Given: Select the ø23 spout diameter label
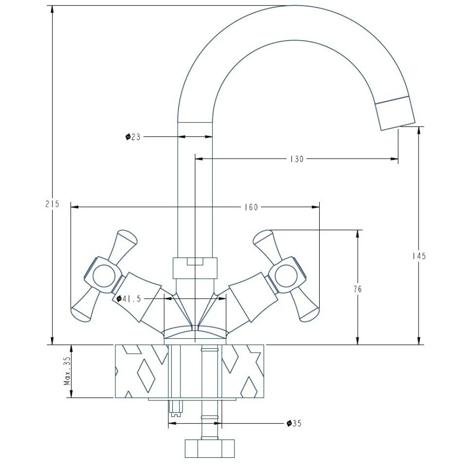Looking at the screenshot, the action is (x=132, y=137).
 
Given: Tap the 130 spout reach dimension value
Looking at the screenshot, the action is (x=296, y=159).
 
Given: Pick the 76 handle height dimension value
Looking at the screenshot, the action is (x=357, y=289).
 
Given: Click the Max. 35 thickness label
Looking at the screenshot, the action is (x=67, y=371).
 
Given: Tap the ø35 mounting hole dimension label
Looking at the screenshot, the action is (x=294, y=423).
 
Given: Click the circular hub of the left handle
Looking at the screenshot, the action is (x=103, y=277).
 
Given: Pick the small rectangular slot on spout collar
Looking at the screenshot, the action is (x=195, y=262).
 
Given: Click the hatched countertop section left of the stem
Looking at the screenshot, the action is (x=140, y=371).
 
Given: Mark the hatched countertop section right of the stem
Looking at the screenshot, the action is (x=243, y=371).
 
